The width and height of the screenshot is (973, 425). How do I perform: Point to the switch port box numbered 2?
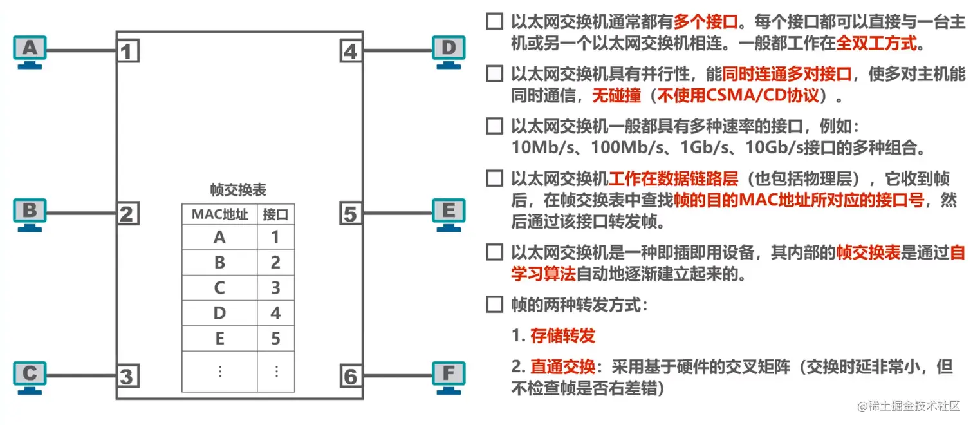127,213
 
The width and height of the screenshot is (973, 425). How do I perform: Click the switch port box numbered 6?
350,376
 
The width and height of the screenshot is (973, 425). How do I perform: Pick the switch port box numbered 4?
350,50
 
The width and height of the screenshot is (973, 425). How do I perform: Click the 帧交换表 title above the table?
238,190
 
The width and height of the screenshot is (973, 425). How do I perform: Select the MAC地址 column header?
219,214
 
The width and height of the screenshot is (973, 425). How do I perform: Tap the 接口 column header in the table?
275,214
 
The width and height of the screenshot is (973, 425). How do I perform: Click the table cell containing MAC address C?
219,288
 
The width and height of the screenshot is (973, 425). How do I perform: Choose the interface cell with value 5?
275,338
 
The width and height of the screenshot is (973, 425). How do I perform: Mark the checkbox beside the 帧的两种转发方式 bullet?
494,305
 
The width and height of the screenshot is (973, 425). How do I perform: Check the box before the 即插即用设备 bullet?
494,252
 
